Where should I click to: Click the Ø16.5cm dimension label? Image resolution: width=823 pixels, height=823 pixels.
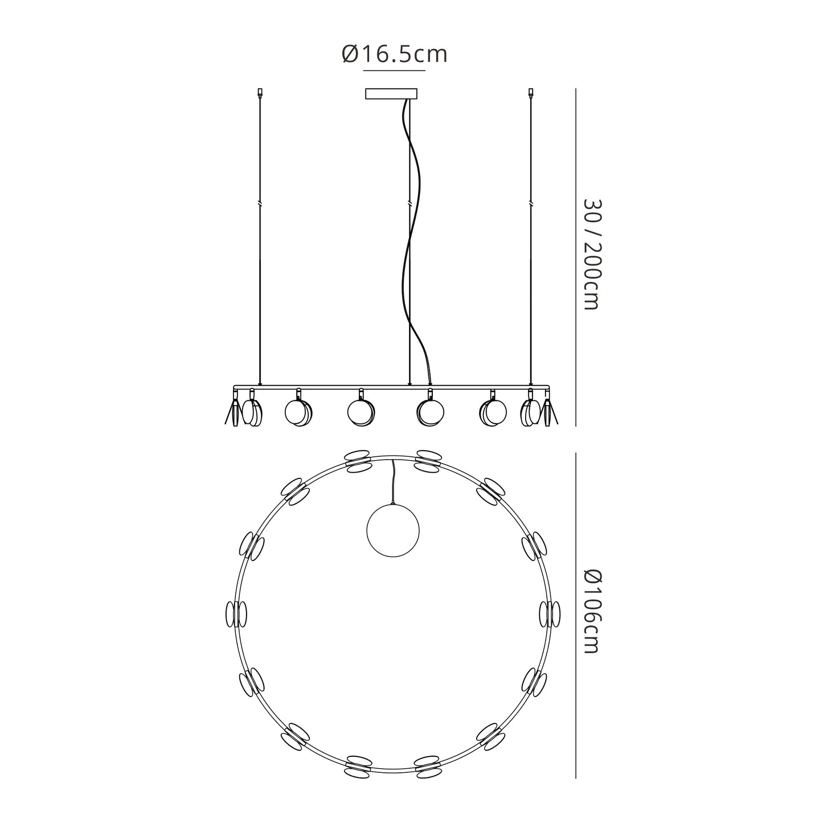pyautogui.click(x=394, y=55)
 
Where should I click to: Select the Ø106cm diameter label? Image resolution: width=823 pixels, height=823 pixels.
pyautogui.click(x=592, y=611)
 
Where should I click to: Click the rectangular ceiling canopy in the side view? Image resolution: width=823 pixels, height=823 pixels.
pyautogui.click(x=391, y=93)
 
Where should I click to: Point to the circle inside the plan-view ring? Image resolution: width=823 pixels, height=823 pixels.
pyautogui.click(x=393, y=530)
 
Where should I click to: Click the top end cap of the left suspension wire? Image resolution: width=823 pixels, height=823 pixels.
pyautogui.click(x=260, y=92)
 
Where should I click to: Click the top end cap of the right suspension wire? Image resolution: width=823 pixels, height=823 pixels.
pyautogui.click(x=531, y=92)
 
